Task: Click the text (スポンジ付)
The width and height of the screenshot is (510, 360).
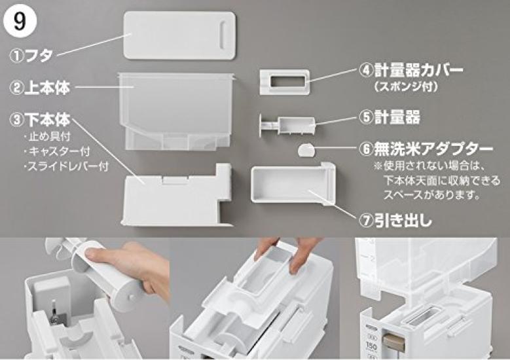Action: pyautogui.click(x=405, y=85)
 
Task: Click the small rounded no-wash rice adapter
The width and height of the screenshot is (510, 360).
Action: pyautogui.click(x=306, y=150)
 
